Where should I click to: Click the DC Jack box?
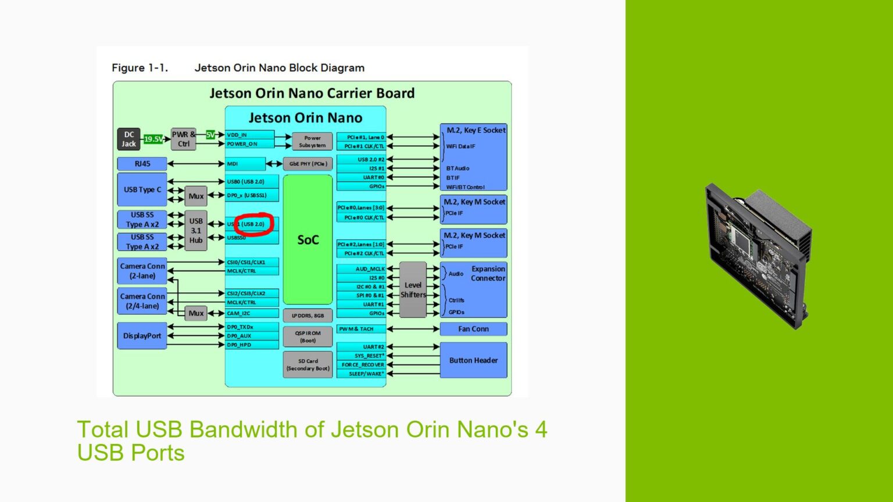pyautogui.click(x=128, y=139)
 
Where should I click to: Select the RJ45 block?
pyautogui.click(x=142, y=164)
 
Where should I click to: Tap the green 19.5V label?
pyautogui.click(x=153, y=139)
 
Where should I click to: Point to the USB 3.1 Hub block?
pyautogui.click(x=196, y=231)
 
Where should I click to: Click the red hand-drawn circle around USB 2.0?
pyautogui.click(x=253, y=224)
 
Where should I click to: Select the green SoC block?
pyautogui.click(x=308, y=239)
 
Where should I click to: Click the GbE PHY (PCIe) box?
pyautogui.click(x=308, y=164)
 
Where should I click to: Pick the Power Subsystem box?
pyautogui.click(x=312, y=142)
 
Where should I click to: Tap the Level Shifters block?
pyautogui.click(x=413, y=289)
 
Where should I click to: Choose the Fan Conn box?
pyautogui.click(x=473, y=329)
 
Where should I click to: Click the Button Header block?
pyautogui.click(x=473, y=360)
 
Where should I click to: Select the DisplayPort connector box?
pyautogui.click(x=142, y=336)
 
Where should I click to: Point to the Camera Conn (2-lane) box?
pyautogui.click(x=142, y=271)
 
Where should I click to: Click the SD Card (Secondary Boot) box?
pyautogui.click(x=308, y=364)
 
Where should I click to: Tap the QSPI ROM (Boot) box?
pyautogui.click(x=308, y=337)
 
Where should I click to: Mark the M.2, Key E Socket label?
pyautogui.click(x=475, y=130)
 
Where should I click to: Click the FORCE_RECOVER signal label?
pyautogui.click(x=362, y=365)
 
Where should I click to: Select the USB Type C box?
pyautogui.click(x=142, y=189)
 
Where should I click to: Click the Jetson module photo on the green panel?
pyautogui.click(x=758, y=256)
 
